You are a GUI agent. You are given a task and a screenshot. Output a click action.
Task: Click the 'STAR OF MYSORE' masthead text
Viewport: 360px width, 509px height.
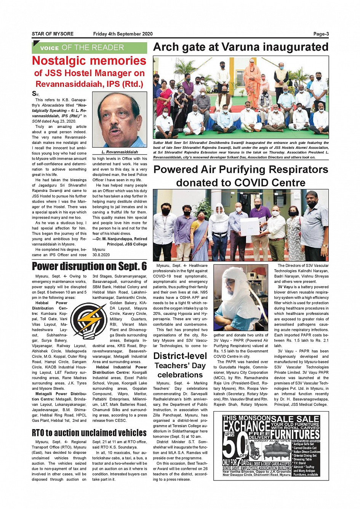click(53, 34)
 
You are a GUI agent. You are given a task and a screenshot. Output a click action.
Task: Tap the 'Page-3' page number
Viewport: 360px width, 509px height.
click(321, 34)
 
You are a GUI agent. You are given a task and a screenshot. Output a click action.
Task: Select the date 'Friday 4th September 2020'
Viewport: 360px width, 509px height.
click(123, 34)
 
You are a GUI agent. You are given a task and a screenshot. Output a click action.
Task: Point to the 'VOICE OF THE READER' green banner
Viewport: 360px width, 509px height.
click(89, 48)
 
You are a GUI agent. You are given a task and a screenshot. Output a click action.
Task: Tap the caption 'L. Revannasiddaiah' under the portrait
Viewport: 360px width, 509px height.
click(120, 152)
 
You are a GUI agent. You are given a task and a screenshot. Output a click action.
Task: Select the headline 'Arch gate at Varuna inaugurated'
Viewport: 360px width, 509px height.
click(240, 47)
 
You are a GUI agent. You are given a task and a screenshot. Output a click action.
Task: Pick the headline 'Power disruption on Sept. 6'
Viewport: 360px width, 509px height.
click(89, 266)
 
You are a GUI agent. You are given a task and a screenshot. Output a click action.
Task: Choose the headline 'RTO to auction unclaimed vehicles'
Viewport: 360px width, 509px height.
click(89, 433)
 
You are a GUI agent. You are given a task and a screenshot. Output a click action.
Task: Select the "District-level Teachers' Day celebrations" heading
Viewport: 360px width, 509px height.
click(180, 365)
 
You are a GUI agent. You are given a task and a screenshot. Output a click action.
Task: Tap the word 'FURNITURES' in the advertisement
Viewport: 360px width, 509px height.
click(295, 434)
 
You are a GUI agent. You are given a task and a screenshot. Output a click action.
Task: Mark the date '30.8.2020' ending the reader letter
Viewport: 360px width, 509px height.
click(101, 255)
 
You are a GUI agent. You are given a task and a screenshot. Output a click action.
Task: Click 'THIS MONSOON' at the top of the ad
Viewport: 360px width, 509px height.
click(246, 418)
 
